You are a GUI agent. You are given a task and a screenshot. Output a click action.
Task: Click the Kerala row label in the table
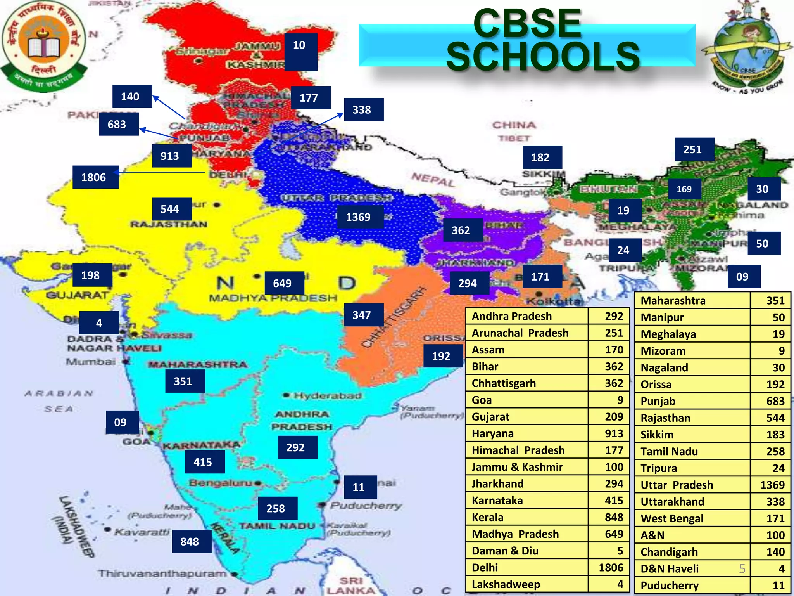click(x=488, y=517)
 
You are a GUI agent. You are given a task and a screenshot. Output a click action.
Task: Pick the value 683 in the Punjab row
click(x=775, y=401)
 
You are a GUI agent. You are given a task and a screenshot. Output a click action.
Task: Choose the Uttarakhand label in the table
click(x=672, y=501)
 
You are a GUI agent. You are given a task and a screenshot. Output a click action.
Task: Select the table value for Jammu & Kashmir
click(x=614, y=467)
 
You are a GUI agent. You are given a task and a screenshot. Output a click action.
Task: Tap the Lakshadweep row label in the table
click(x=506, y=584)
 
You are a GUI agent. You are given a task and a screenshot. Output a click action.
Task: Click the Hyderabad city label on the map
click(x=328, y=396)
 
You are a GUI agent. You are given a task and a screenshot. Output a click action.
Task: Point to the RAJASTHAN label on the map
click(x=169, y=224)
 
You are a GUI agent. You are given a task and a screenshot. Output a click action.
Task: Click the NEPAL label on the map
click(x=433, y=180)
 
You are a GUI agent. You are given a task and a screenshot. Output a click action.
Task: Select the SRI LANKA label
click(x=351, y=586)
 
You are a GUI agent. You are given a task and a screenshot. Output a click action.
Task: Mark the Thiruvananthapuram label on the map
click(x=162, y=573)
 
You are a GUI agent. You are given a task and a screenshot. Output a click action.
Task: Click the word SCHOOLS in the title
click(x=543, y=57)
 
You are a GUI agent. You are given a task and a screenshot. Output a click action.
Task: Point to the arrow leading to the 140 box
click(x=169, y=108)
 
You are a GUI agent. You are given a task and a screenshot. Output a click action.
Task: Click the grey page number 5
click(x=742, y=568)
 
